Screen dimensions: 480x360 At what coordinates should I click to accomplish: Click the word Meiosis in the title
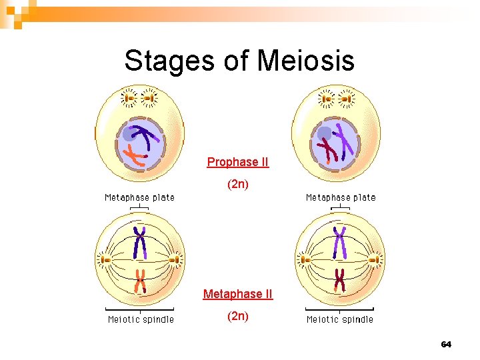(x=306, y=61)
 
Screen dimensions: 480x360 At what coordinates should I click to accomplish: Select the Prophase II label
(x=238, y=162)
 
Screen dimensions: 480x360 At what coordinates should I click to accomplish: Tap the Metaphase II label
(x=238, y=294)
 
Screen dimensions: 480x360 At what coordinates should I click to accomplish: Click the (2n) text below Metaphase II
(x=238, y=316)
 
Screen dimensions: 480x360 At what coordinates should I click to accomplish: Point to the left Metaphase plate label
(x=139, y=197)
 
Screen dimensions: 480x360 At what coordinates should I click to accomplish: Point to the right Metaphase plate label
(x=341, y=197)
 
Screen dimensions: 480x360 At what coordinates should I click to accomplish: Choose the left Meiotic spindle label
(x=141, y=319)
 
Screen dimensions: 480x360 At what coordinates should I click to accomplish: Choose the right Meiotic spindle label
(x=340, y=319)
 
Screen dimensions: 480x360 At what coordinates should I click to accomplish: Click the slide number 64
(x=446, y=345)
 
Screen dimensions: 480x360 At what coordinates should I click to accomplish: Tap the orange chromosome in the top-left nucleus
(x=135, y=157)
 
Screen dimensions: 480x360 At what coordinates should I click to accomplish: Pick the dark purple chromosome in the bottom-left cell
(x=140, y=243)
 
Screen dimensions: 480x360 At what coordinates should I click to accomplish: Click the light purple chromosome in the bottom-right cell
(x=340, y=243)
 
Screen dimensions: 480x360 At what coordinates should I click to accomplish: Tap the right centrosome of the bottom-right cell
(x=377, y=259)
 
